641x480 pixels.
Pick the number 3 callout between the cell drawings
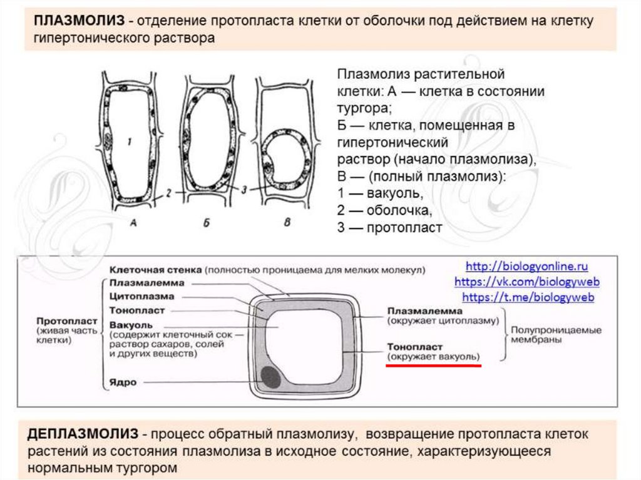coord(244,188)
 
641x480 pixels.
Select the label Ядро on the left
coord(122,382)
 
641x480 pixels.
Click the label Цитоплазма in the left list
coord(141,296)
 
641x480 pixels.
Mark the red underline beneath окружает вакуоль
coord(433,365)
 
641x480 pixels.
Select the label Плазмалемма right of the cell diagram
coord(424,310)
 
